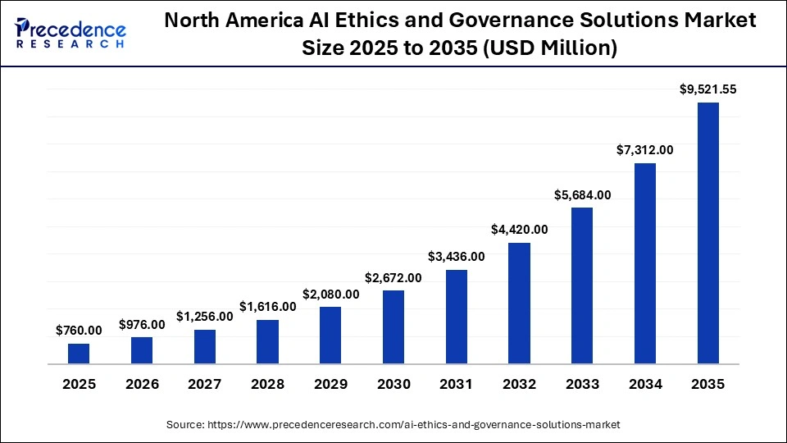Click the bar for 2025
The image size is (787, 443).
coord(79,354)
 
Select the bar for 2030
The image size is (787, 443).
coord(393,327)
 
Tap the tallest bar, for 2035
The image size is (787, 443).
coord(708,233)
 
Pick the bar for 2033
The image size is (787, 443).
coord(582,285)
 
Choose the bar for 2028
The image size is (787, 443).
coord(267,341)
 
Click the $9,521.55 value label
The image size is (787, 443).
coord(708,90)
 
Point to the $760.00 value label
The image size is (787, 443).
coord(79,331)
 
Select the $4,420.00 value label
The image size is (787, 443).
coord(519,230)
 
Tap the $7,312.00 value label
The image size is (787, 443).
coord(645,150)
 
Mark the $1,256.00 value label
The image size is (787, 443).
coord(204,317)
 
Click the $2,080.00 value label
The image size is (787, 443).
coord(330,294)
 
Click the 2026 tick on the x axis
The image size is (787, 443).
coord(142,384)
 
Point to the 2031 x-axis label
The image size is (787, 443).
coord(456,384)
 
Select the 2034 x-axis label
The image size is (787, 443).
coord(645,384)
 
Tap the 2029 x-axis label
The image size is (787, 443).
coord(330,384)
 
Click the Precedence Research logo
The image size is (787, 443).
coord(71,34)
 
